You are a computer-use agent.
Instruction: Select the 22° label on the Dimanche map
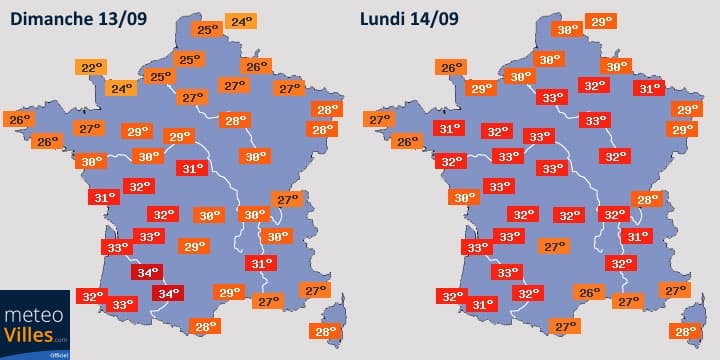coord(93,68)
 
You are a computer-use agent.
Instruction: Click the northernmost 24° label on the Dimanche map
coord(240,21)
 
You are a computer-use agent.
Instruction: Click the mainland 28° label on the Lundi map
coord(647,199)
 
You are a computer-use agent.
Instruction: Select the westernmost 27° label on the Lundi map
coord(379,120)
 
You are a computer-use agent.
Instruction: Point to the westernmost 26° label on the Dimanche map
coord(19,120)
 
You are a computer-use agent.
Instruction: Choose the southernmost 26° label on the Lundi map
coord(590,293)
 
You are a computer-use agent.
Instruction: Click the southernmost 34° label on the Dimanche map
coord(167,293)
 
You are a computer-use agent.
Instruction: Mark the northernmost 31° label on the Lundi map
coord(649,88)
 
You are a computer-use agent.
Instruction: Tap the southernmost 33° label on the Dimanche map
coord(123,304)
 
